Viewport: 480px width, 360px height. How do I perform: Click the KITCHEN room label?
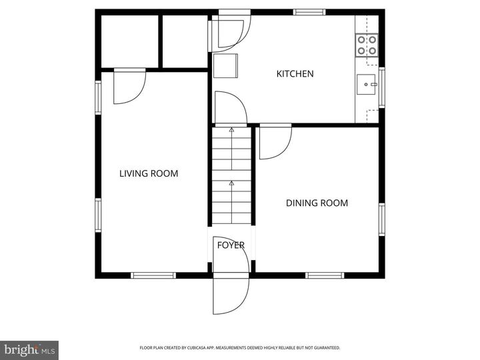tap(295, 74)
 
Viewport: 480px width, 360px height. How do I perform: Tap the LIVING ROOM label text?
tap(149, 173)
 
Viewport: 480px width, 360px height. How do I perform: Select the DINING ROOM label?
tap(317, 203)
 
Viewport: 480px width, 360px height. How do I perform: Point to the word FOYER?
tap(231, 245)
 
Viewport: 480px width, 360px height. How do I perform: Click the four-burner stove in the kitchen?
tap(367, 45)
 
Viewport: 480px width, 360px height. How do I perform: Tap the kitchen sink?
tap(366, 84)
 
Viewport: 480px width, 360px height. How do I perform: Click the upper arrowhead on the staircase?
tap(232, 130)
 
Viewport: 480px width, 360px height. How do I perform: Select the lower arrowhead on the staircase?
tap(232, 183)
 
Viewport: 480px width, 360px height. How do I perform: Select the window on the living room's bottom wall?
tap(153, 275)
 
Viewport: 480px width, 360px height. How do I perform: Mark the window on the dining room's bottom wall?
tap(325, 275)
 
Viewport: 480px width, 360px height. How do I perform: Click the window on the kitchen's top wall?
tap(309, 12)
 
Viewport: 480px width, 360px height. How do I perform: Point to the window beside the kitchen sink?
tap(382, 87)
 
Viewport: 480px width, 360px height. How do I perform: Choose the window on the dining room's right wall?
tap(382, 219)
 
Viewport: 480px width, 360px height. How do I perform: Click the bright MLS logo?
tap(29, 350)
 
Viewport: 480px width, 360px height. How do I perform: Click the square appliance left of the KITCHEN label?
tap(225, 66)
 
